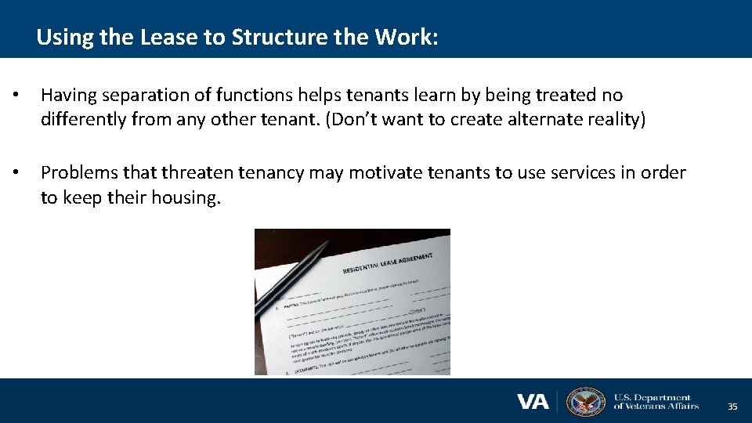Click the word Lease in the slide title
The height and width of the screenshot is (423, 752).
166,37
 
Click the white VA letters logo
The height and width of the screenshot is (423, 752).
533,402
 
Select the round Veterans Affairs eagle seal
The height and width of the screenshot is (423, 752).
586,402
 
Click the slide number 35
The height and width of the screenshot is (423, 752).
732,407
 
